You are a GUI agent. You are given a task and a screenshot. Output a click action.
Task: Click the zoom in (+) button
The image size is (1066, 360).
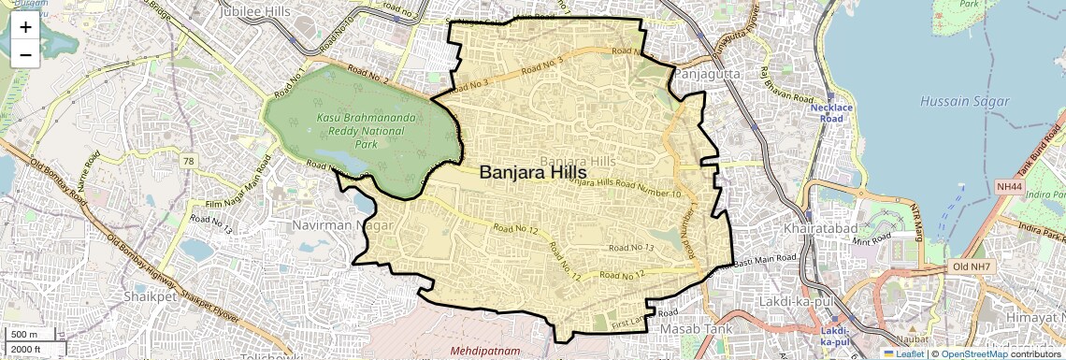click(x=25, y=27)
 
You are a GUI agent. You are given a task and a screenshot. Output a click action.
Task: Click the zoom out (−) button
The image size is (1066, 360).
click(x=25, y=54)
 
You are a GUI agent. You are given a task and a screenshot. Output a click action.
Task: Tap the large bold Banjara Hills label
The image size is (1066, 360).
click(x=532, y=173)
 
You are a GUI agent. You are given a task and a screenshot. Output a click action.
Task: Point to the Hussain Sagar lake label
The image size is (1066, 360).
click(x=964, y=101)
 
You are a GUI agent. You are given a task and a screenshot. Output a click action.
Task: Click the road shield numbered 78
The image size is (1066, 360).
click(x=190, y=162)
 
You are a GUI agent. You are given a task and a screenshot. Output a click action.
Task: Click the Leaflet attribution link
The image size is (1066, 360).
click(x=903, y=353)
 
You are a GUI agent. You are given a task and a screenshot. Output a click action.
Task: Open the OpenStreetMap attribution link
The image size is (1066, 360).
click(x=974, y=353)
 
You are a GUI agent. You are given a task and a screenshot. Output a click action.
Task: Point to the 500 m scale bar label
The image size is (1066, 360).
click(x=24, y=335)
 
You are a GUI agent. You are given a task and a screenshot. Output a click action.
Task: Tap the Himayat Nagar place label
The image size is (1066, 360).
click(x=1033, y=321)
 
